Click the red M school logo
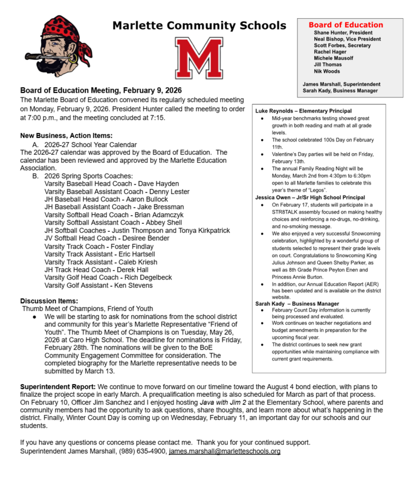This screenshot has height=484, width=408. (199, 59)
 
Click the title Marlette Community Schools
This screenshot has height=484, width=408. (199, 25)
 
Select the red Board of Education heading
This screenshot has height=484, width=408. (346, 25)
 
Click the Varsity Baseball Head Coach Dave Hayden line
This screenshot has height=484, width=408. (112, 183)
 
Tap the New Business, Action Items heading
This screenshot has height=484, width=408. (66, 136)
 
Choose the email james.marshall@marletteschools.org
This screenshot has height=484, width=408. (224, 451)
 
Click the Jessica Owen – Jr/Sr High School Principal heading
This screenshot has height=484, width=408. (310, 197)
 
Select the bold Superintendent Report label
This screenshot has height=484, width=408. (57, 386)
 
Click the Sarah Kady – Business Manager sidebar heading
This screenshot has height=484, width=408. (297, 303)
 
